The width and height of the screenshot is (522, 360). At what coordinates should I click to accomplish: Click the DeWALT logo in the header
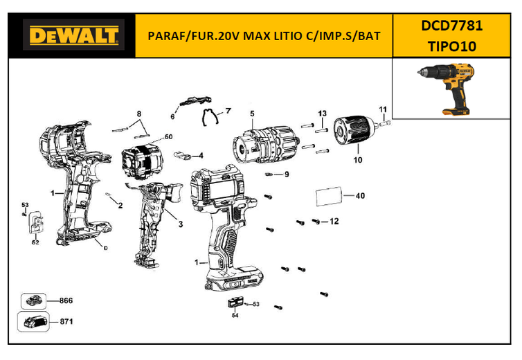click(73, 35)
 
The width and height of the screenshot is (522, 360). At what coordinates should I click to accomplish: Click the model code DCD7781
click(452, 26)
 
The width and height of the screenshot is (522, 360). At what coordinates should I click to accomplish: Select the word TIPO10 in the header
click(452, 46)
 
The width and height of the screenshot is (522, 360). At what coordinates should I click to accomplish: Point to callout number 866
click(66, 300)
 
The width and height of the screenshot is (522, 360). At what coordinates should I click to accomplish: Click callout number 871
click(66, 321)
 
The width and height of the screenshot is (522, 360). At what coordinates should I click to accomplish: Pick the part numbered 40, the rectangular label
click(329, 197)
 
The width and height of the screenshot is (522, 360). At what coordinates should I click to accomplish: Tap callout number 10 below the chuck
click(357, 160)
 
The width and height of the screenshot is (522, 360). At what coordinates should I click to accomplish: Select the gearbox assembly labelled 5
click(265, 145)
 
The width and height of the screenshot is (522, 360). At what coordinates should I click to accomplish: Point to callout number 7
click(228, 111)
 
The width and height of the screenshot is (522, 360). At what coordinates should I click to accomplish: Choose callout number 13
click(322, 114)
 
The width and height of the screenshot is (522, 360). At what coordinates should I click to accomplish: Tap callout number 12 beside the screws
click(334, 221)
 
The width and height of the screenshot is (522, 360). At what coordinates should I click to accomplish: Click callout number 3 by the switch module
click(181, 224)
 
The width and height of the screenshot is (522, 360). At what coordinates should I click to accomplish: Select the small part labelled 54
click(235, 303)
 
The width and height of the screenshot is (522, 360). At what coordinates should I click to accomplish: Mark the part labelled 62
click(36, 222)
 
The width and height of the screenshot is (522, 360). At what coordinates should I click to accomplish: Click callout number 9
click(287, 174)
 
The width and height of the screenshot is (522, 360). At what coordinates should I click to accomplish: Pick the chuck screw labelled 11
click(384, 124)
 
